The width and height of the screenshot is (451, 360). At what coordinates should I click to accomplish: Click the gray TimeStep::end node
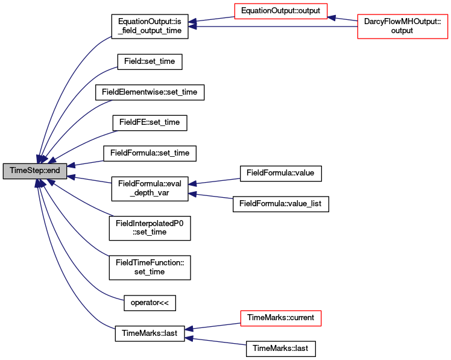pos(35,171)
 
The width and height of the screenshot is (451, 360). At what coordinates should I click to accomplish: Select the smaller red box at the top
pos(280,11)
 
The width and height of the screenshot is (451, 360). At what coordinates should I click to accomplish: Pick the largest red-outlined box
pos(402,27)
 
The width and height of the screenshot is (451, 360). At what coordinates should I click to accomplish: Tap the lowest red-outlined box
pos(280,318)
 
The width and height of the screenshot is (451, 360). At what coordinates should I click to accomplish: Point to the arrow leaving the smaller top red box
pos(211,21)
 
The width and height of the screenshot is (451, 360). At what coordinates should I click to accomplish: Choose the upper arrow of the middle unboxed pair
pos(214,182)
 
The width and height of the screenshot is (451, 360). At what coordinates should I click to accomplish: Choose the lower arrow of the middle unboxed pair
pos(210,195)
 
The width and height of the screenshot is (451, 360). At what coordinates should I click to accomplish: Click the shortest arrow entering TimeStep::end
pos(85,163)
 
